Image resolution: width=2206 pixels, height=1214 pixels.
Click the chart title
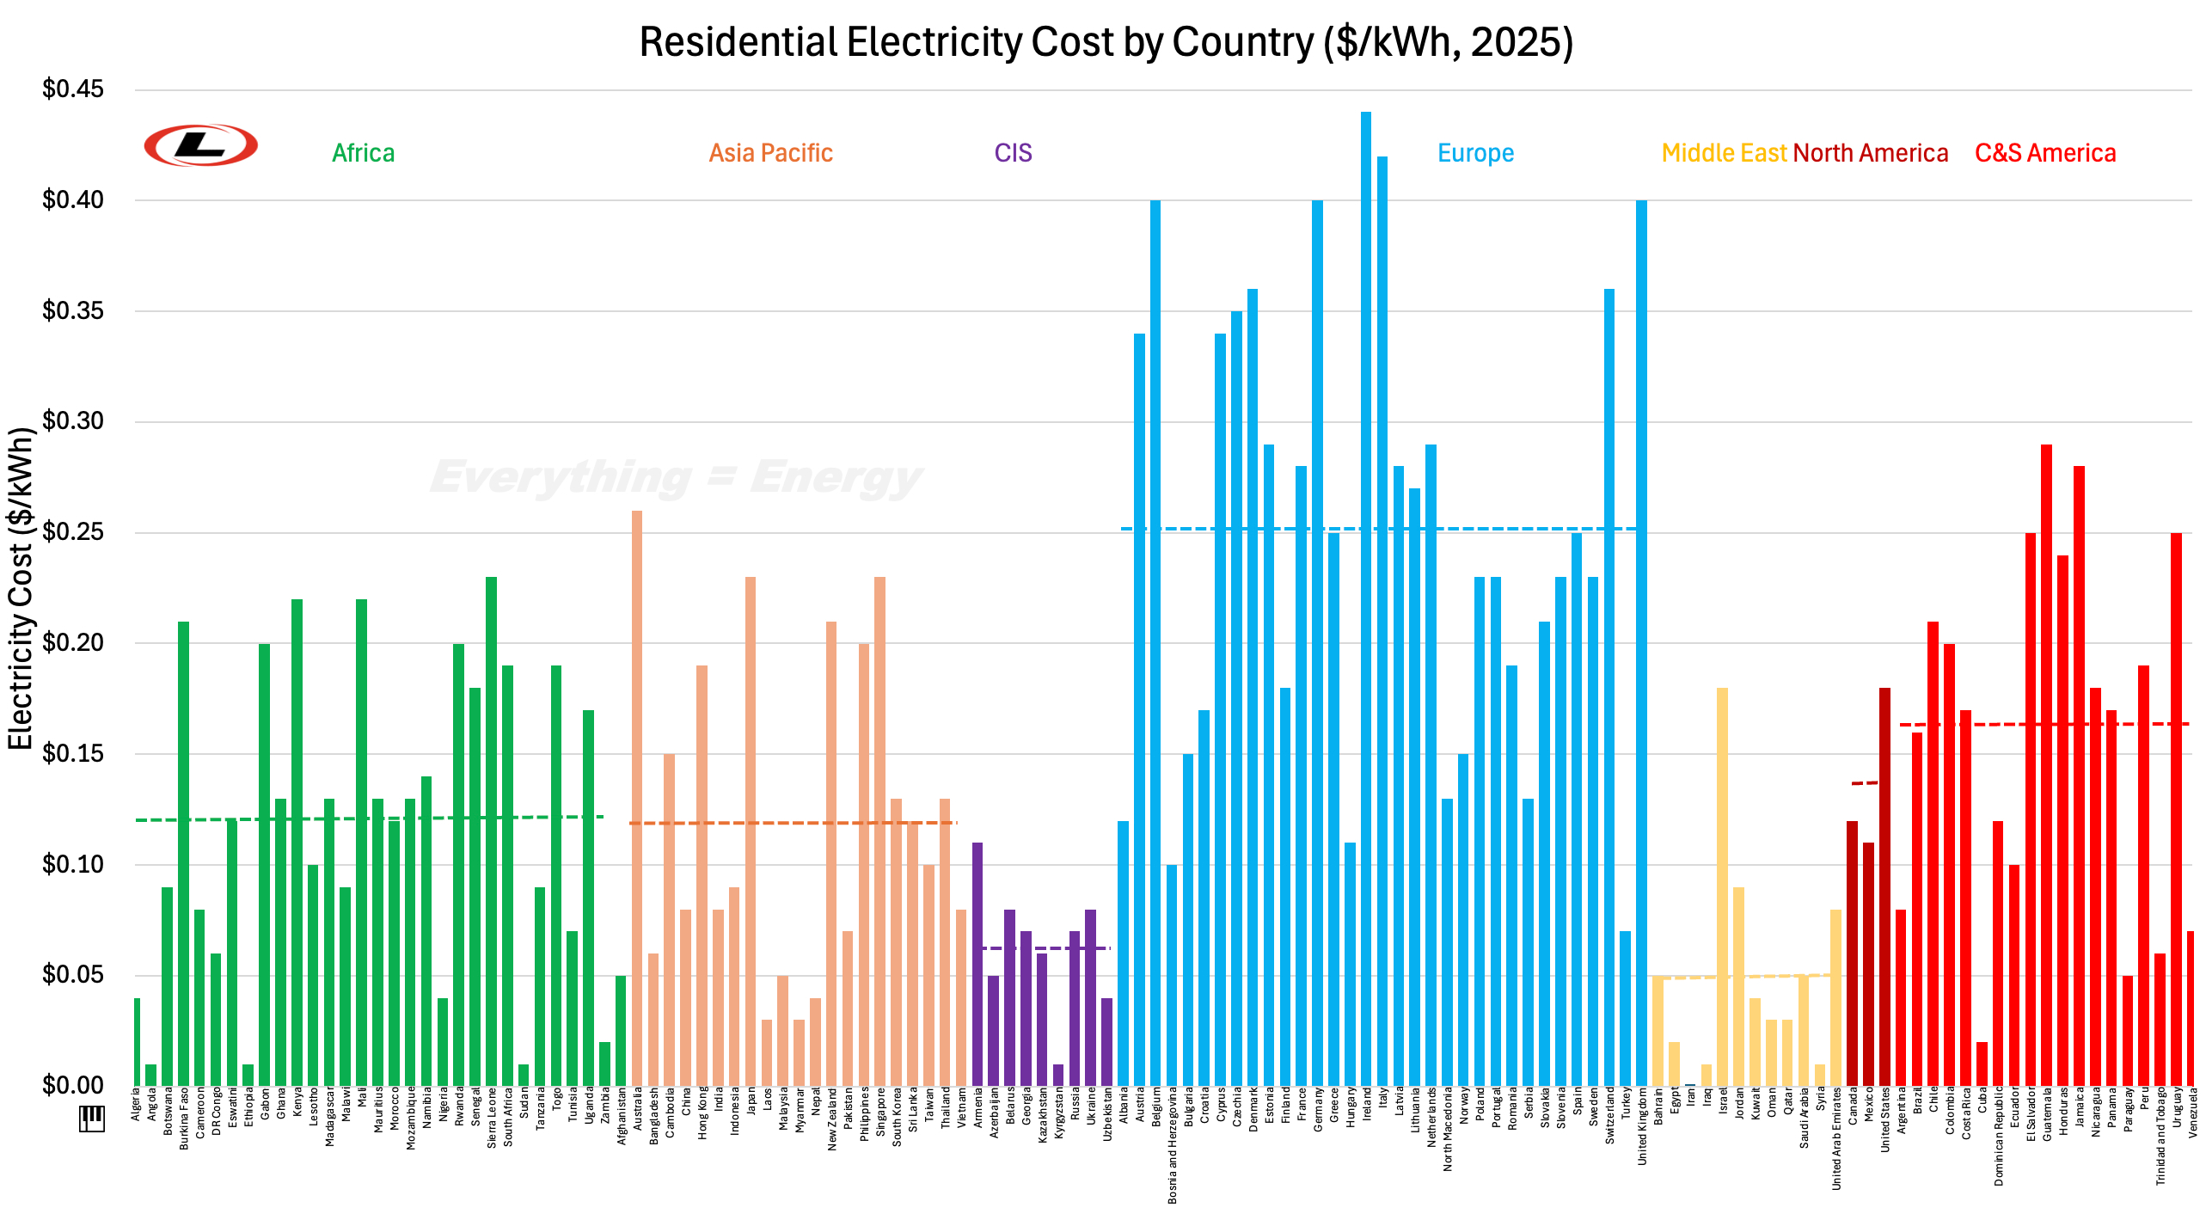(1106, 42)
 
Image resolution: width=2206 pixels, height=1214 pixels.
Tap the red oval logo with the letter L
(201, 144)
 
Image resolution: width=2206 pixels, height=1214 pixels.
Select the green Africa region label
(364, 153)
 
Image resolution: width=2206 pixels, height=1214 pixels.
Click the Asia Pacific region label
(771, 153)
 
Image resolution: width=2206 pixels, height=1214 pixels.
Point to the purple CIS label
(1014, 153)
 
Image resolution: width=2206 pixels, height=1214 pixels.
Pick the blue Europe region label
(1476, 153)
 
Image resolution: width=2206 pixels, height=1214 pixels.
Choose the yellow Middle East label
(1725, 153)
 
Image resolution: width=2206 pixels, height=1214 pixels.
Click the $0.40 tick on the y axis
(73, 199)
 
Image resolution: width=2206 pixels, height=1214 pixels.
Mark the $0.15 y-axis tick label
(73, 753)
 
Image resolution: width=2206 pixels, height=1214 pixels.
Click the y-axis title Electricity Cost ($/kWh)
(20, 588)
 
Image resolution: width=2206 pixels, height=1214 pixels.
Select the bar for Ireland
(1366, 598)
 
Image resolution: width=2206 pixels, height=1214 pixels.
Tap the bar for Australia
(637, 798)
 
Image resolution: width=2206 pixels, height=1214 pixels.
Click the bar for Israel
(1723, 886)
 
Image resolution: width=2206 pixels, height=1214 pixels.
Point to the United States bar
(1884, 886)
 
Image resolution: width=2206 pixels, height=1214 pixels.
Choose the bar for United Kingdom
(1642, 642)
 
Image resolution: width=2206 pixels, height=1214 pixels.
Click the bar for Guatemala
(2046, 764)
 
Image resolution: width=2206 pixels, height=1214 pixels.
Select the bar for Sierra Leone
(492, 831)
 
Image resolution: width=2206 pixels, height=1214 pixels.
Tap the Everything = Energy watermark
(676, 478)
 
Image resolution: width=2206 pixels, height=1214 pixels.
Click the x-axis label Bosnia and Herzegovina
(1173, 1144)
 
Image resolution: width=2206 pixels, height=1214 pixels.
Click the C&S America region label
(2045, 153)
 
